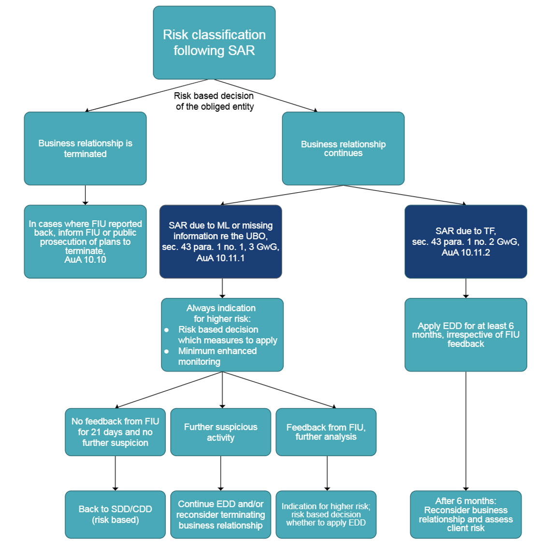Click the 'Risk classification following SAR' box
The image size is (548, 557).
(x=214, y=43)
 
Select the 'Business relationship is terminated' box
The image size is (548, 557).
(x=85, y=148)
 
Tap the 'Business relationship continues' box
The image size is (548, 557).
(x=343, y=148)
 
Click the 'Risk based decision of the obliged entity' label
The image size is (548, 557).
(x=214, y=101)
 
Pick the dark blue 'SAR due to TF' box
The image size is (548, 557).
(x=466, y=242)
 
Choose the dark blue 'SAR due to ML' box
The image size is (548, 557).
(x=221, y=242)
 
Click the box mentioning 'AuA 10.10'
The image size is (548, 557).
(x=85, y=242)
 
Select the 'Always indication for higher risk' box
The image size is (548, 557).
(x=222, y=335)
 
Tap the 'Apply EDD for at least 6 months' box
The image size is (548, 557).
(x=466, y=335)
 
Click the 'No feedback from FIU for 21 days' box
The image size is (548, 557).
(x=115, y=432)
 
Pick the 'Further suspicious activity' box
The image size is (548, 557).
(x=221, y=432)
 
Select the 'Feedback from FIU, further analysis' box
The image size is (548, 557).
(x=326, y=432)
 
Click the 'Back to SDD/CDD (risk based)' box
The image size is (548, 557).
(x=115, y=514)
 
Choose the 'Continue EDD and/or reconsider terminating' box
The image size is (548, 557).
(x=221, y=514)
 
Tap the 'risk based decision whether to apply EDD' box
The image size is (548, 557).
(x=326, y=514)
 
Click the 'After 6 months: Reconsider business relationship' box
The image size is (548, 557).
(x=466, y=514)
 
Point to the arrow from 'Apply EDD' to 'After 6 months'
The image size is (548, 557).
(x=466, y=431)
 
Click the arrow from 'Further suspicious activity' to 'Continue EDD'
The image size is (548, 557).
(x=221, y=473)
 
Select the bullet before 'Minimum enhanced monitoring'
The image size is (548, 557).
(x=166, y=351)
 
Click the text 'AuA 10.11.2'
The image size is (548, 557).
(x=466, y=253)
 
